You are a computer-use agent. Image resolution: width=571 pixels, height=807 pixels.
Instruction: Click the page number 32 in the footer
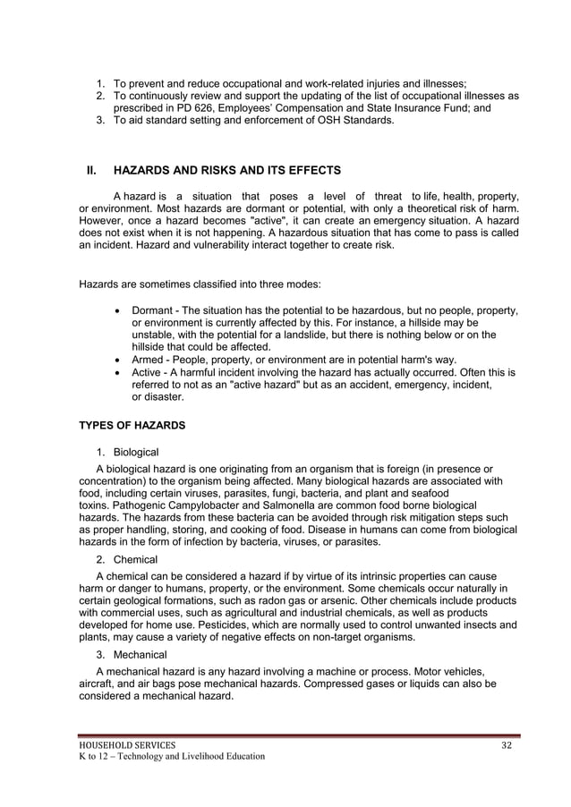click(505, 744)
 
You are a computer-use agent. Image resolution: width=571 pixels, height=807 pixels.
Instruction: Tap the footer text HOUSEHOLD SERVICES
click(125, 744)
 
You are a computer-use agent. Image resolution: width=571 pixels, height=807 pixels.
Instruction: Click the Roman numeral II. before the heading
click(90, 170)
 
